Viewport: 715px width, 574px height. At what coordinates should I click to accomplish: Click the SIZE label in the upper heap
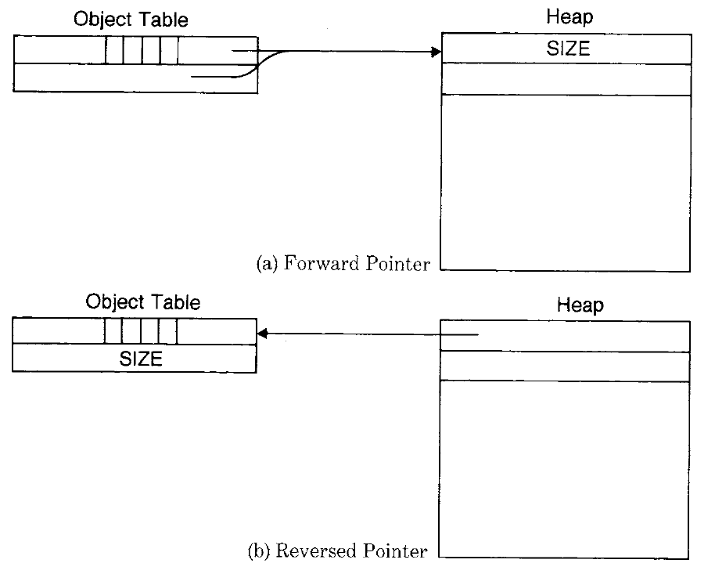tap(568, 49)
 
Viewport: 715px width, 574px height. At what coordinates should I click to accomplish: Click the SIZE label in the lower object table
tap(141, 359)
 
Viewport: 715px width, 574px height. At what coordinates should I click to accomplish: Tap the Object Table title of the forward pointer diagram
tap(131, 20)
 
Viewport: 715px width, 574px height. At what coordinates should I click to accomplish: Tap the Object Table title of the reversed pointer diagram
tap(143, 302)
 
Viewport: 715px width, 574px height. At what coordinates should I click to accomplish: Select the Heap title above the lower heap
tap(580, 305)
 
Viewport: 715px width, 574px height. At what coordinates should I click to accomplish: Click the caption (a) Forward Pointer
tap(343, 263)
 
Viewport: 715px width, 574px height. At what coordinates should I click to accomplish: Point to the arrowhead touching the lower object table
tap(264, 334)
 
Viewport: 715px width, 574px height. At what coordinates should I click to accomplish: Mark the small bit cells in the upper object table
tap(142, 50)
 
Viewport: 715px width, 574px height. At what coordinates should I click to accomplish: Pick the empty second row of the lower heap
tap(565, 366)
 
